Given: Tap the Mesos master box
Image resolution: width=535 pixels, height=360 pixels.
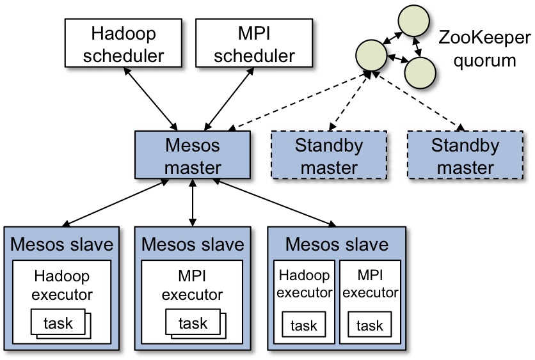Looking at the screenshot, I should point(192,155).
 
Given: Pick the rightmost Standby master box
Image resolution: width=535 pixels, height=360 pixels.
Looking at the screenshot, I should point(465,155).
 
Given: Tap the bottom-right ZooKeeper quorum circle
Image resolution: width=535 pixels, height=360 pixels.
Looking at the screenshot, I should point(420,72).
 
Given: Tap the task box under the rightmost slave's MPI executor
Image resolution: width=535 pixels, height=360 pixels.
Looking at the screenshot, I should point(370,325).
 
